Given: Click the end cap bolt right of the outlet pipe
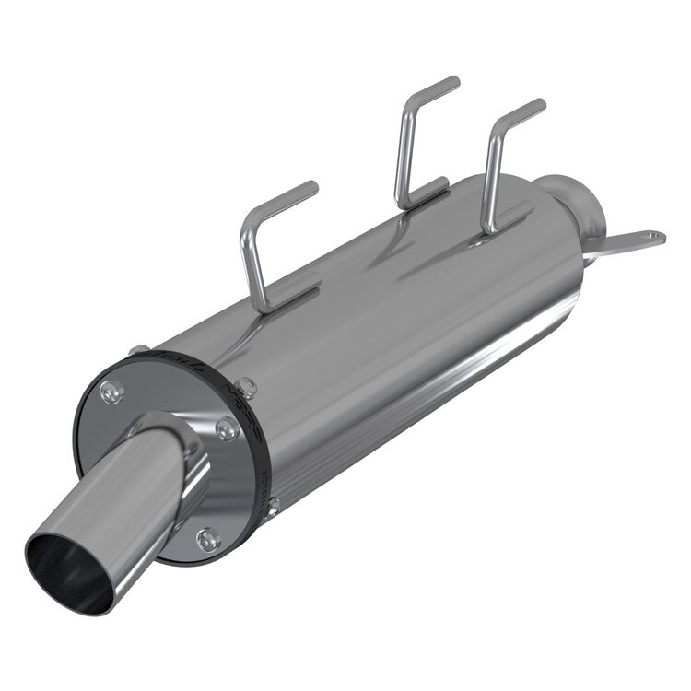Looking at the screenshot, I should click(x=226, y=427).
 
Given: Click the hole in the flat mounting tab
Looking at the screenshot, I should click(x=655, y=239).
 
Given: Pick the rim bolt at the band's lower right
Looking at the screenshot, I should click(x=273, y=504).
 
